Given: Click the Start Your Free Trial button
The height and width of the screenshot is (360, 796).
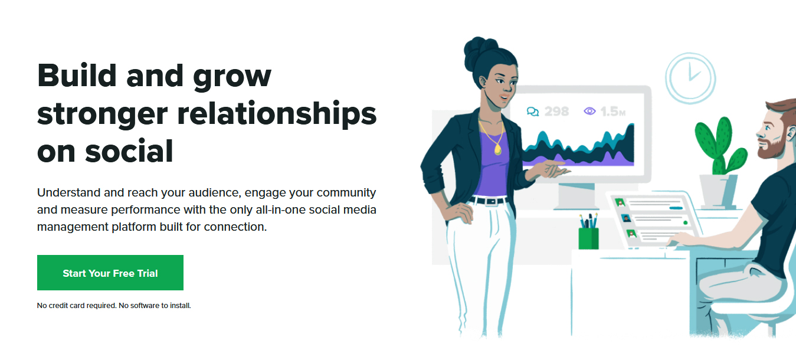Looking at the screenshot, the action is [110, 273].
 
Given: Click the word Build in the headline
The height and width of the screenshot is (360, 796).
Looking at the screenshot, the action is [77, 76].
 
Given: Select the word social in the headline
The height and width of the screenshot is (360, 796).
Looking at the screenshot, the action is [129, 151].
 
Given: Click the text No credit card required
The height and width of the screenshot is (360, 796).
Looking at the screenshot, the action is [77, 306].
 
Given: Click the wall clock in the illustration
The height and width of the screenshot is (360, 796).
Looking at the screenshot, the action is [690, 78].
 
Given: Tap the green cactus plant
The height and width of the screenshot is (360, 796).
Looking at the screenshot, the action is [720, 146].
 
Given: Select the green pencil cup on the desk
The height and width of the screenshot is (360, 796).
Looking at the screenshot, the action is [588, 238].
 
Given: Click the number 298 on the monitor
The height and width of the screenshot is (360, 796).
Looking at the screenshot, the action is [556, 112].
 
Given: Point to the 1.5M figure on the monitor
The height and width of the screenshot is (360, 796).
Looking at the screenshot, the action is [612, 112].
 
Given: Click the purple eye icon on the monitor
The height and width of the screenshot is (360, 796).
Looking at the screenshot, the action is [589, 111].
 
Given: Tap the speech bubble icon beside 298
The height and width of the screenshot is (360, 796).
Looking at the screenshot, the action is [533, 112].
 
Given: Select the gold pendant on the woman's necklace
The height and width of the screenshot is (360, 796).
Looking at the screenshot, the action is [498, 150].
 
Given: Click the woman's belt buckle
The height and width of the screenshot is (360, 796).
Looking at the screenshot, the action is [492, 201].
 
